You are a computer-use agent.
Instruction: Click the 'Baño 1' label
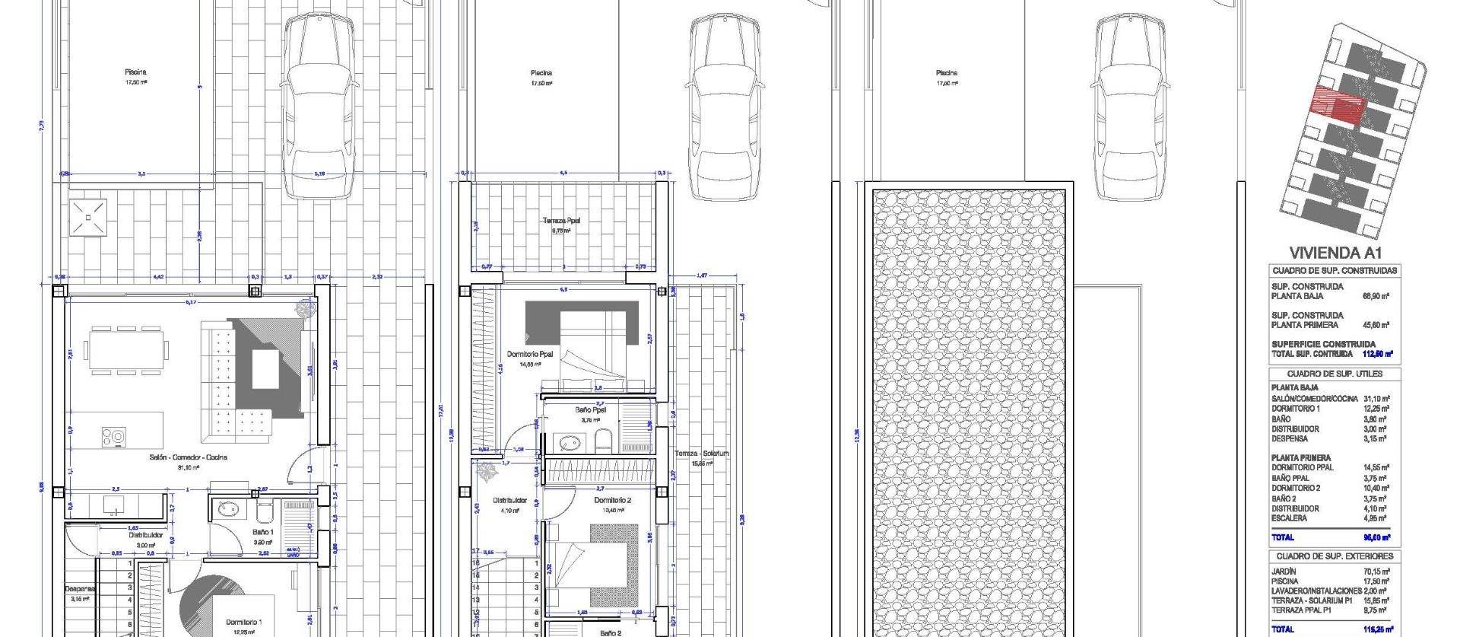coord(262,532)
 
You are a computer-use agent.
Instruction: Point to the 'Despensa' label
coord(79,588)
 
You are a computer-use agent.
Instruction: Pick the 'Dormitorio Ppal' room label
coord(530,355)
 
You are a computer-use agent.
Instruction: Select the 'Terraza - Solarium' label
coord(701,454)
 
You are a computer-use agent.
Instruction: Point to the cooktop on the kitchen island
coord(114,436)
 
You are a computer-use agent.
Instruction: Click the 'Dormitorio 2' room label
coord(613,500)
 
